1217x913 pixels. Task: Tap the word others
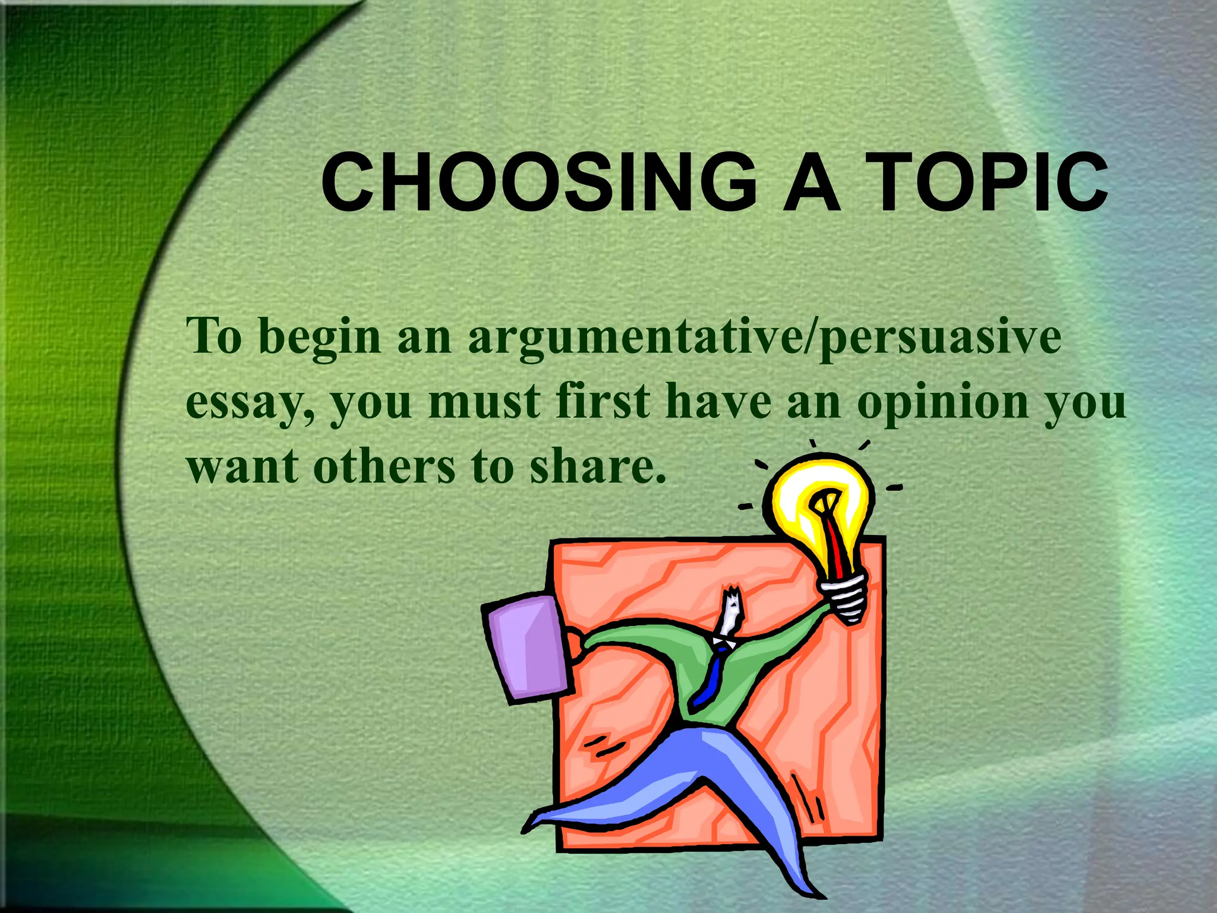pos(384,467)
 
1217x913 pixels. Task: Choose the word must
pos(484,402)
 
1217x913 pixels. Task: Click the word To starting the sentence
pos(214,337)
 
